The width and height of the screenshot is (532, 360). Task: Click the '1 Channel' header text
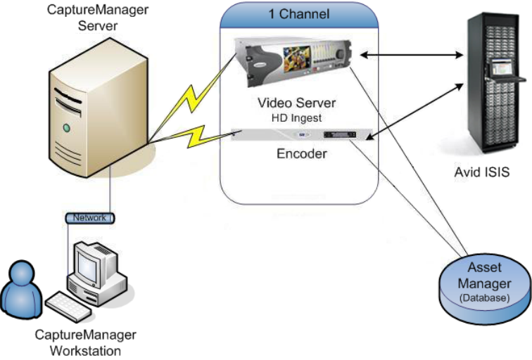click(298, 14)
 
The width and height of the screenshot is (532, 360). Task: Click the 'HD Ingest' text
click(296, 118)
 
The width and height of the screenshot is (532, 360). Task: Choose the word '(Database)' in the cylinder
click(486, 298)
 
